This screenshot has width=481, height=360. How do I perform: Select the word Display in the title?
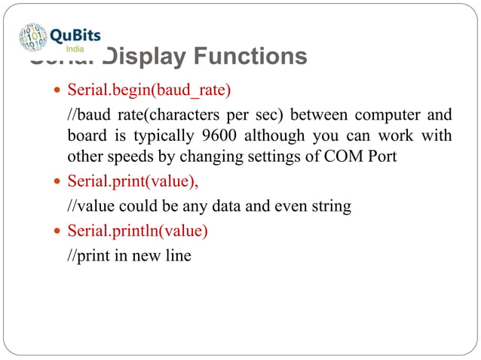click(x=139, y=56)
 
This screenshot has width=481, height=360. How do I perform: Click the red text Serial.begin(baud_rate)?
click(x=149, y=90)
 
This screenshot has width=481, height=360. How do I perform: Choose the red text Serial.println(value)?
click(x=138, y=230)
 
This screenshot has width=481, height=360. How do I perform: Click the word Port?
click(x=403, y=157)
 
